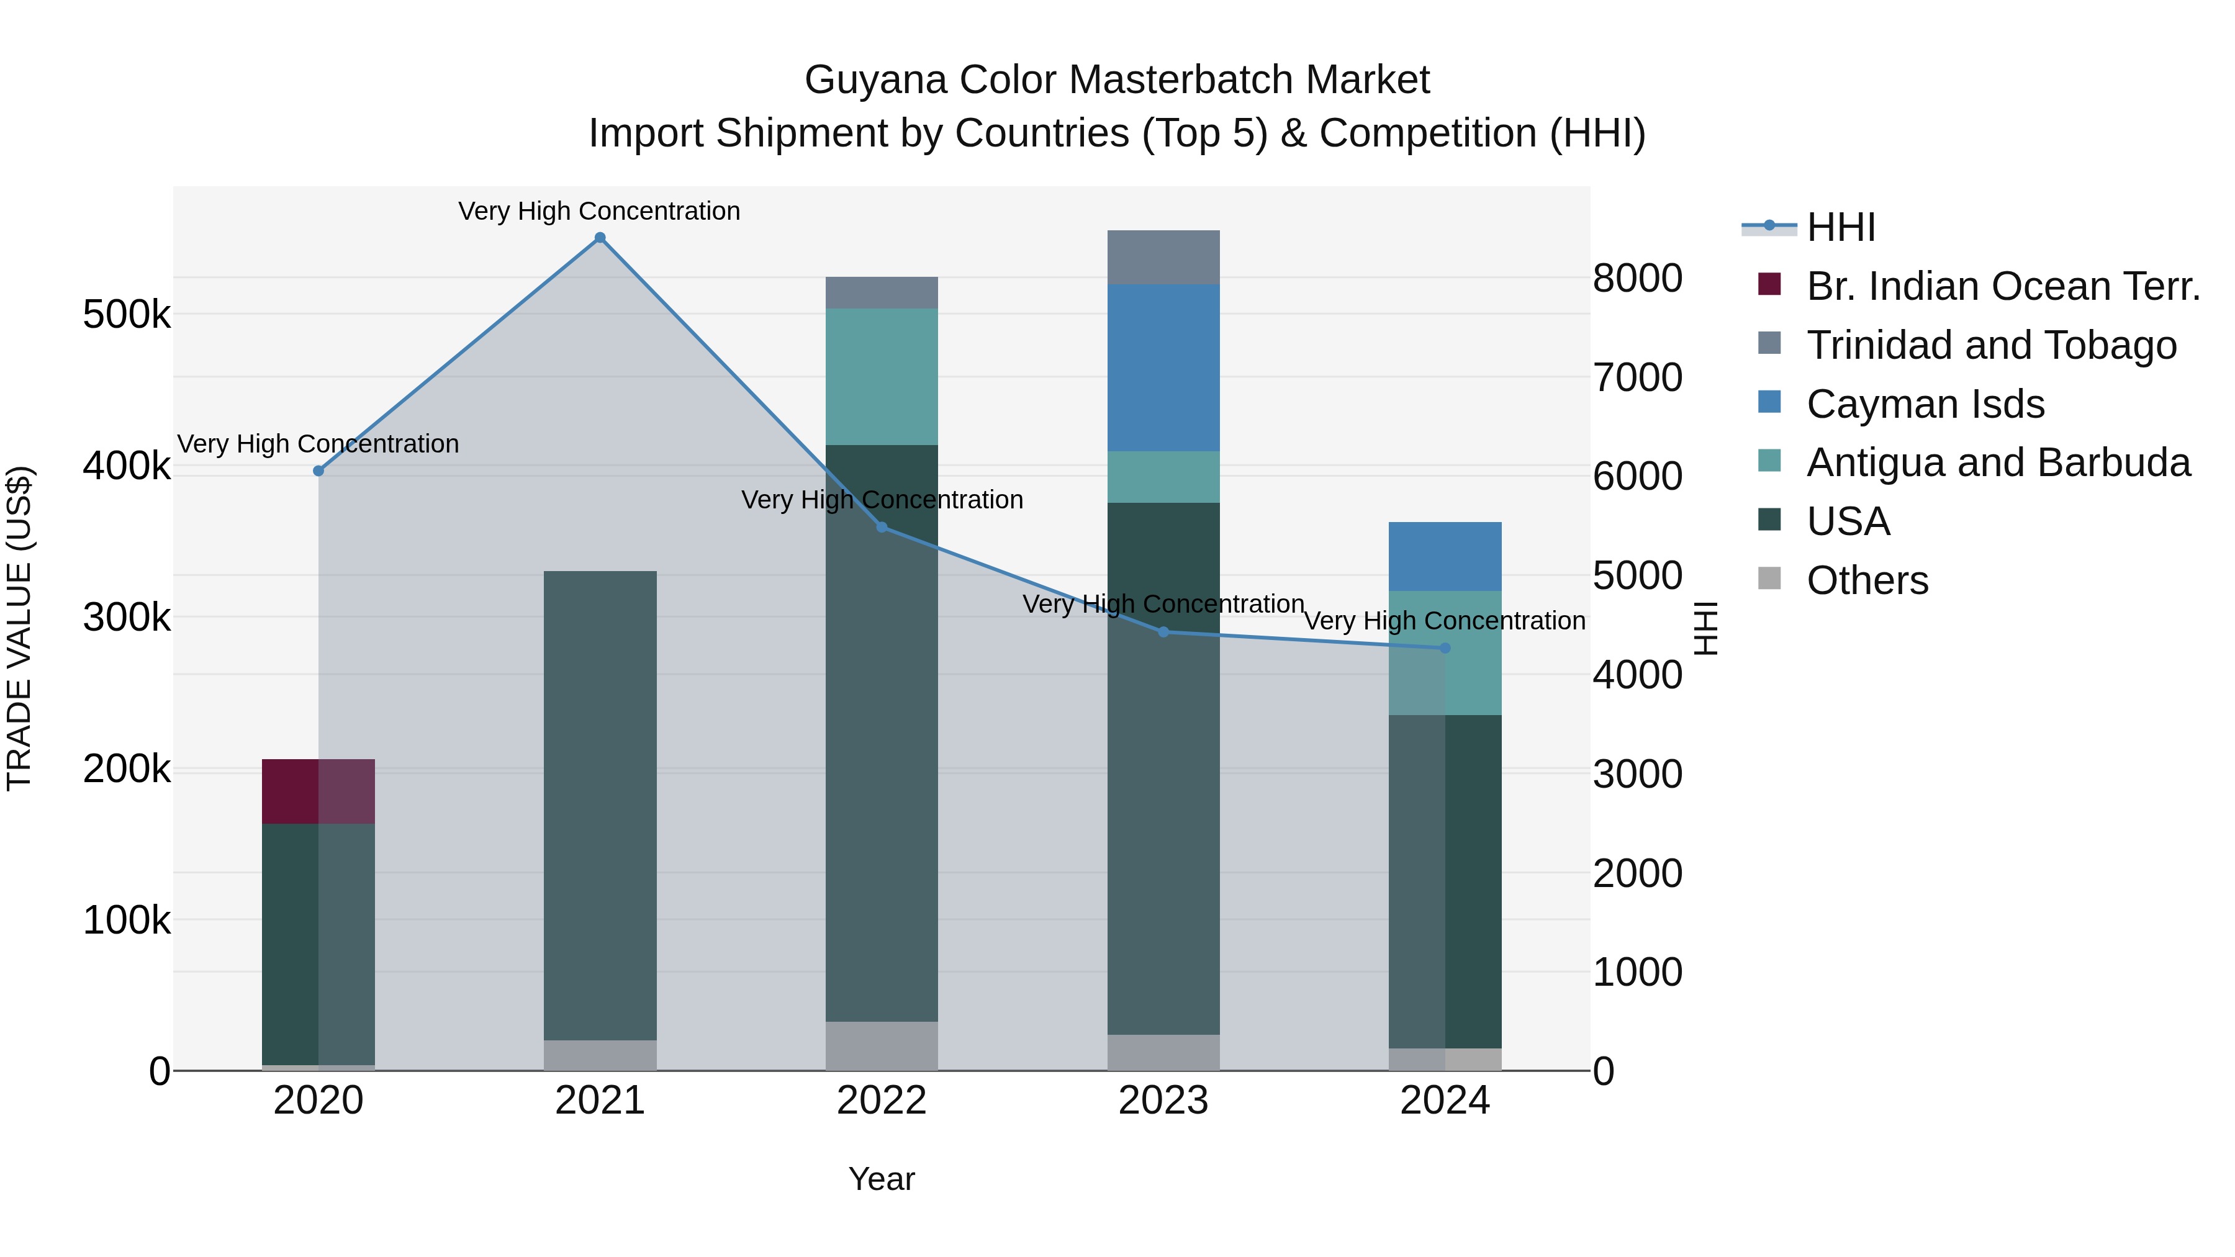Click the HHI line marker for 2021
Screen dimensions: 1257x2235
point(600,238)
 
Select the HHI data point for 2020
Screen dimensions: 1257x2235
point(318,471)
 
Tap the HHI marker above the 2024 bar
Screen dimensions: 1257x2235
point(1445,648)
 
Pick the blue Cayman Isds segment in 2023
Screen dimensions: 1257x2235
point(1163,368)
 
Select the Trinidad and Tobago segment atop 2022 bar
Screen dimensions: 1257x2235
point(882,293)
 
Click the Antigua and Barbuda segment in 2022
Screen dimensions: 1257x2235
point(882,377)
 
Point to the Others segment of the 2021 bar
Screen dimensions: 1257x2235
point(600,1055)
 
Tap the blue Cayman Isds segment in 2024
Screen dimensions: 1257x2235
point(1445,556)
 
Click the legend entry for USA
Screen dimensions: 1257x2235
point(1848,521)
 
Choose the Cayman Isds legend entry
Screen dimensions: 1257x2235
point(1925,404)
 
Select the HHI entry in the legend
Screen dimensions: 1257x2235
point(1840,227)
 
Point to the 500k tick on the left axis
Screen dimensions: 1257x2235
point(127,314)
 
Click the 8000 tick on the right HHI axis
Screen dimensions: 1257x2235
point(1637,279)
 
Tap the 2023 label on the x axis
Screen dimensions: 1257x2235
point(1163,1101)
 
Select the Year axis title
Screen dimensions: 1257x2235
point(882,1179)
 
